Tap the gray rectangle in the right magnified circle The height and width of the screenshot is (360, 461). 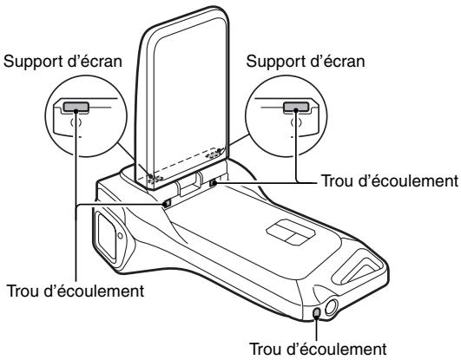tap(296, 110)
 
